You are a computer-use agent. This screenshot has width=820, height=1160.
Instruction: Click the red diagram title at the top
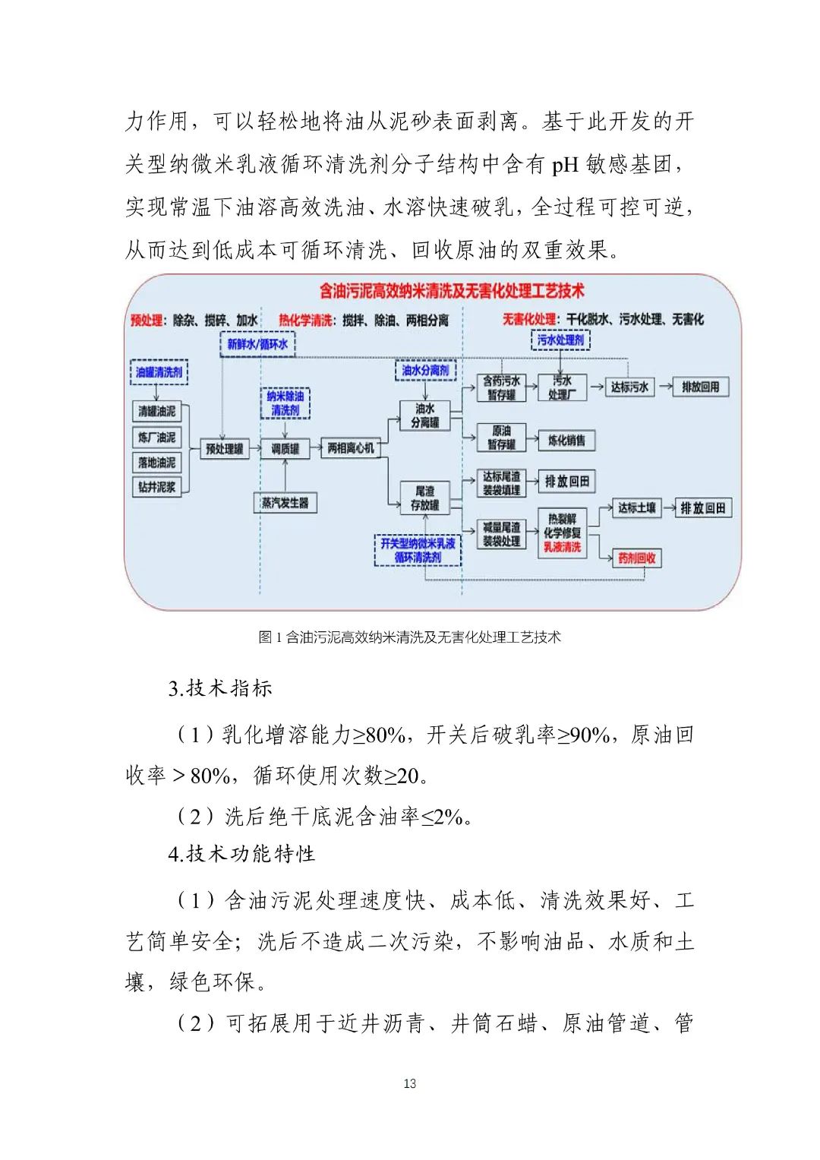[x=451, y=291]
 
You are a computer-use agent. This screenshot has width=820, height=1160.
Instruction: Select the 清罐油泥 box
[x=157, y=411]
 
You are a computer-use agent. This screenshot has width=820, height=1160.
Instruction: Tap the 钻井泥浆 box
[x=157, y=487]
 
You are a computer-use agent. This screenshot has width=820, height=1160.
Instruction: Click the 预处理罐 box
[x=225, y=448]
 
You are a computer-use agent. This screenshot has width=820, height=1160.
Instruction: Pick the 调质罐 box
[x=285, y=448]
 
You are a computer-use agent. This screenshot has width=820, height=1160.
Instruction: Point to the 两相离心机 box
[x=351, y=448]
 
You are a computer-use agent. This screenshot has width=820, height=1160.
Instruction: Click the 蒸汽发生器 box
[x=285, y=502]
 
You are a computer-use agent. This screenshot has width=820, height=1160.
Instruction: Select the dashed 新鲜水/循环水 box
[x=257, y=344]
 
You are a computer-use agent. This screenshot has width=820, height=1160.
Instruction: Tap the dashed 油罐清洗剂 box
[x=159, y=372]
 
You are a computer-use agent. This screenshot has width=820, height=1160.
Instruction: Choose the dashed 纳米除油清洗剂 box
[x=285, y=403]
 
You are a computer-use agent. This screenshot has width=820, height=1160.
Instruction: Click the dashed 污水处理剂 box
[x=560, y=340]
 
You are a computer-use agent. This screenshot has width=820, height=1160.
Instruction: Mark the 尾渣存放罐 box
[x=425, y=498]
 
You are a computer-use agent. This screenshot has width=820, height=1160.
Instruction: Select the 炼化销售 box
[x=566, y=440]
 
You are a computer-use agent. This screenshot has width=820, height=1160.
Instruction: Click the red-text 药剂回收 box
[x=636, y=558]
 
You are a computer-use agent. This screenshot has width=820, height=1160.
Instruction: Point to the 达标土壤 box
[x=636, y=507]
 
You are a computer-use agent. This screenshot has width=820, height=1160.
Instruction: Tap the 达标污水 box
[x=629, y=387]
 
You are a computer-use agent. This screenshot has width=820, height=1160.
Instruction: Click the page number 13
[x=410, y=1083]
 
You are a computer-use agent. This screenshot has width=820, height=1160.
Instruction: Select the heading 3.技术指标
[x=220, y=688]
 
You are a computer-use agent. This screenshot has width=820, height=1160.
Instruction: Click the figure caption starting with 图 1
[x=409, y=637]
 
